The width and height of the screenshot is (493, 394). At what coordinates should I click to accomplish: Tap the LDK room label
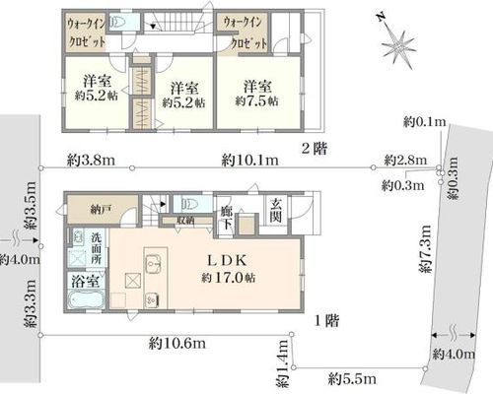tap(227, 261)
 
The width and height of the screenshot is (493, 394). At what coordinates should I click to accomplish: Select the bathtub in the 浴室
tap(86, 299)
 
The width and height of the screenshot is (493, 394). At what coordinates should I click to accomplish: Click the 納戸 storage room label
tap(99, 210)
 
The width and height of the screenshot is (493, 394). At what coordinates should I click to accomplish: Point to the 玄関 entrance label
tap(276, 211)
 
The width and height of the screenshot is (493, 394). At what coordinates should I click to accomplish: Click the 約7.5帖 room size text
tap(257, 100)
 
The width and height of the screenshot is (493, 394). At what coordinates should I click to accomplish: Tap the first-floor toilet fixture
tap(187, 204)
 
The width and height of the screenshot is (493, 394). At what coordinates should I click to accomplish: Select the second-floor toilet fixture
tap(117, 23)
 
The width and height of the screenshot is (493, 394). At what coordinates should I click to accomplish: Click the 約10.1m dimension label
tap(249, 161)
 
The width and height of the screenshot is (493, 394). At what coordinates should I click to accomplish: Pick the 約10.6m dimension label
tap(177, 343)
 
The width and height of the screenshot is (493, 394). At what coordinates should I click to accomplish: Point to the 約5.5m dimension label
tap(352, 379)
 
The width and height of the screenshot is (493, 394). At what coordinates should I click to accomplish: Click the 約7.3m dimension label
tap(425, 248)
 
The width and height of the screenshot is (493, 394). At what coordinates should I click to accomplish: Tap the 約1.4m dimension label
tap(282, 363)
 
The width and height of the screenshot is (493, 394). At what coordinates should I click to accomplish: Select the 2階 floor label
tap(315, 150)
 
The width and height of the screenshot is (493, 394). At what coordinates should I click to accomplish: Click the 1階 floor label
tap(326, 320)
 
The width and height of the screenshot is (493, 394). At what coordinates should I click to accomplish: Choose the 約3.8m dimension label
tap(91, 161)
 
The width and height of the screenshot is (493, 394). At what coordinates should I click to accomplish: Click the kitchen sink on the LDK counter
tap(153, 263)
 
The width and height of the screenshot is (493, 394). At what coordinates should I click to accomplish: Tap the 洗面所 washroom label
tap(96, 248)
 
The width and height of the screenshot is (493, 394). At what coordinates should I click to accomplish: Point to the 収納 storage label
tap(185, 221)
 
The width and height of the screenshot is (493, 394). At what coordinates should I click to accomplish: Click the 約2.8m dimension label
tap(405, 161)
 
